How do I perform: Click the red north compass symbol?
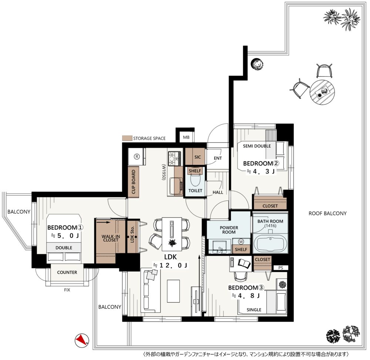click(x=82, y=340)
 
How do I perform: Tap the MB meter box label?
click(x=186, y=137)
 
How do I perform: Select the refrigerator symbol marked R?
click(x=137, y=157)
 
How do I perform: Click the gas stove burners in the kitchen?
click(x=174, y=158)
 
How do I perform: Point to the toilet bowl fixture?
click(x=195, y=181)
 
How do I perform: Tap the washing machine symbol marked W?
click(x=241, y=242)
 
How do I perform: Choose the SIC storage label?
click(x=198, y=157)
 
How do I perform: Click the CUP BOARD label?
click(x=134, y=182)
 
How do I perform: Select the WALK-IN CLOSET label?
click(x=111, y=238)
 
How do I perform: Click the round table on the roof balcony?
click(x=322, y=92)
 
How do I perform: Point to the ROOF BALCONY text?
click(x=327, y=213)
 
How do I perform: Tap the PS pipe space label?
click(x=280, y=268)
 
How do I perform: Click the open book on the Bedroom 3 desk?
click(x=245, y=263)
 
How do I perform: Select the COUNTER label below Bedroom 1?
click(x=67, y=272)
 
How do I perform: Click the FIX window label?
click(x=67, y=290)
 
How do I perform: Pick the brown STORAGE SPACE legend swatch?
click(x=127, y=138)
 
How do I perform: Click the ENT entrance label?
click(x=218, y=158)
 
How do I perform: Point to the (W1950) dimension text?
click(x=164, y=172)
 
